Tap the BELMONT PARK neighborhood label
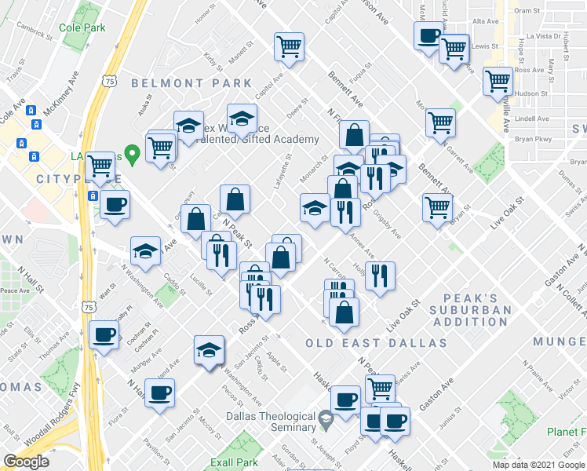click(191, 83)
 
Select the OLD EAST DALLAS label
click(376, 343)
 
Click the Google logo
click(25, 462)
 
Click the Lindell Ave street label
click(532, 119)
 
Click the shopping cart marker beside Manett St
click(290, 47)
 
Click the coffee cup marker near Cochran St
click(104, 335)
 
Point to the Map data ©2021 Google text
click(538, 465)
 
